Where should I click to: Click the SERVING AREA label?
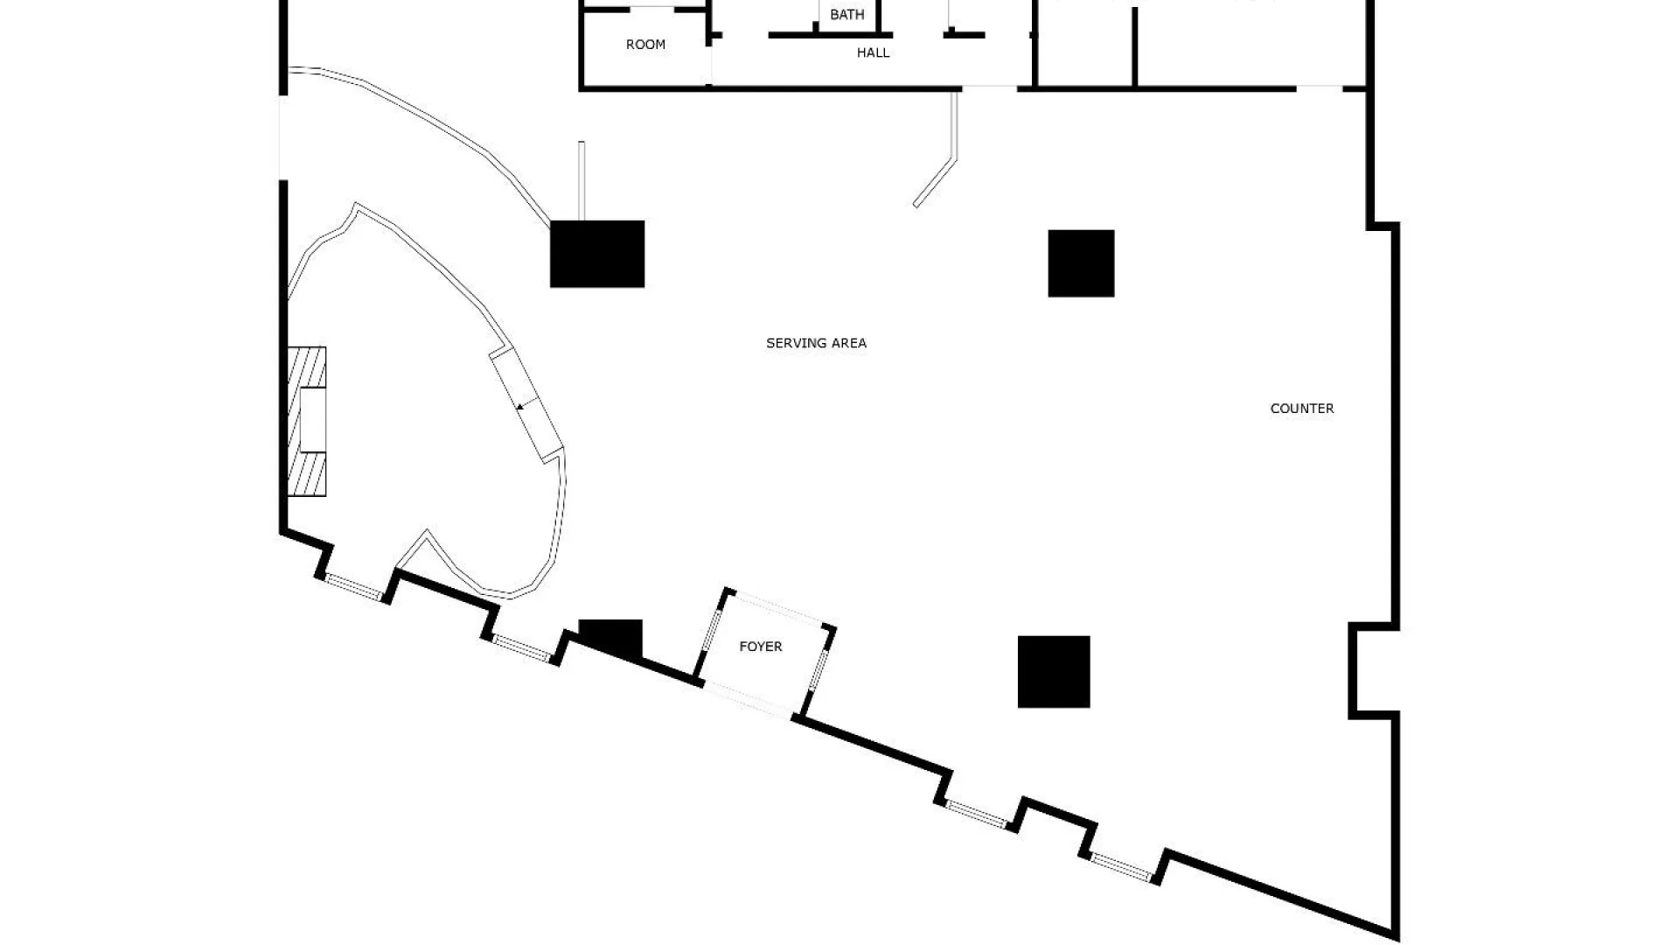click(816, 343)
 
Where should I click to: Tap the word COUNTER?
click(1301, 409)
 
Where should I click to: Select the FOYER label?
click(760, 647)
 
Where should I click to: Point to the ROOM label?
click(645, 45)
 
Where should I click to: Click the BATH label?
click(846, 15)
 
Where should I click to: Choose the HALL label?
click(873, 52)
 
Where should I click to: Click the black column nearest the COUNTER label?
click(1081, 263)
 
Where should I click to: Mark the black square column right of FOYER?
click(1054, 672)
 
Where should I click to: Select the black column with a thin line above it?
click(597, 254)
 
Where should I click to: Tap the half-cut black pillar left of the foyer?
click(610, 636)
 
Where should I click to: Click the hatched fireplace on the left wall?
click(307, 422)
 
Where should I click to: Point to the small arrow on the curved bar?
click(520, 406)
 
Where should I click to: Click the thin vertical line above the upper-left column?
click(582, 180)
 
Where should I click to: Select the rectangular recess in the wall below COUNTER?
click(1373, 671)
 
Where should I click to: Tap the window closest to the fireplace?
click(354, 587)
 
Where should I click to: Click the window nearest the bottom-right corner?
click(1122, 866)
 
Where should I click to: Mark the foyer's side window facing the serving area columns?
click(819, 667)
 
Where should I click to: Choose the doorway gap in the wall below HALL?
click(990, 87)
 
